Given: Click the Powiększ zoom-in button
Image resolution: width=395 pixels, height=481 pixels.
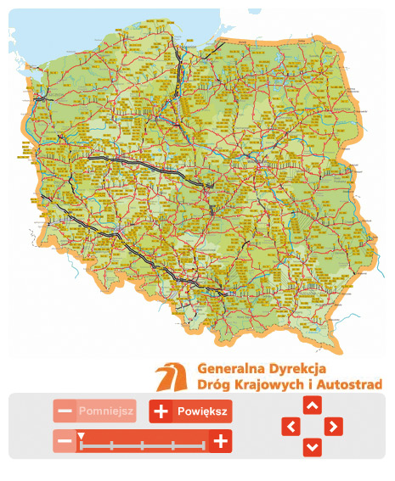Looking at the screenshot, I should point(190,411).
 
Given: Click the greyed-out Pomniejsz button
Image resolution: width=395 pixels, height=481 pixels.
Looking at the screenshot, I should point(94,411).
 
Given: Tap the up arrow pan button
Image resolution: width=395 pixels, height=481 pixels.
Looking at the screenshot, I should point(312,406).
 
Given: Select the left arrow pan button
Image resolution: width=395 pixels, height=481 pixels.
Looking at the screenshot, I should point(291,426).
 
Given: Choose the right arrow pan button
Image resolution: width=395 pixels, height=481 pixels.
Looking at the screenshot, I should point(334,426).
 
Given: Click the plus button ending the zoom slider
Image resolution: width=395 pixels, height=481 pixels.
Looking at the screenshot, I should point(220,441).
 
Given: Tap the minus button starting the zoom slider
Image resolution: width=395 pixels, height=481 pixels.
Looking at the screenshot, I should point(65,441).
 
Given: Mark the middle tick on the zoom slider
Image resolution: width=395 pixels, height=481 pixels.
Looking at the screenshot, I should point(142,444).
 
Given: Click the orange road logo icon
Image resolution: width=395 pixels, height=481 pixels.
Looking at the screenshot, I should point(173,377).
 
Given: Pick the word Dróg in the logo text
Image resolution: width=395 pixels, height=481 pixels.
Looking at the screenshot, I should point(212,385).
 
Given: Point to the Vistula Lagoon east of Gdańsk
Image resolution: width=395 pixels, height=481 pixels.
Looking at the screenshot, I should point(212,48).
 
